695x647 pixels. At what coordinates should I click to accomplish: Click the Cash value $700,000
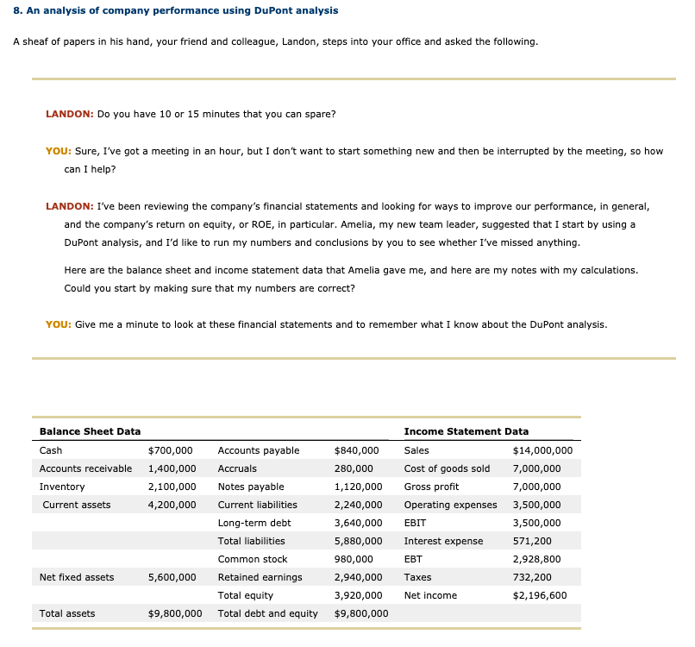(170, 450)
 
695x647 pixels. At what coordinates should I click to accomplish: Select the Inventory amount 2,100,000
(172, 487)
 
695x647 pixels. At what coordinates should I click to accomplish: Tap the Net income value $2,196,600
(539, 595)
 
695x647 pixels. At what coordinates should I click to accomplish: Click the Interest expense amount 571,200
(532, 541)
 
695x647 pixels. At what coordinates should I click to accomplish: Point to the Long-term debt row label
(254, 523)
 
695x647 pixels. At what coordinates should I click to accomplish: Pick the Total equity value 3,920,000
(358, 595)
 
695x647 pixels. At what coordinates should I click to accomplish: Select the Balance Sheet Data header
(90, 431)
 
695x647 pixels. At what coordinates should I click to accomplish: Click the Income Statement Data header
(466, 431)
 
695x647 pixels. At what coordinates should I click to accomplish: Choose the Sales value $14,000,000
(542, 450)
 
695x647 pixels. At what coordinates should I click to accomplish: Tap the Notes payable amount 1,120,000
(358, 487)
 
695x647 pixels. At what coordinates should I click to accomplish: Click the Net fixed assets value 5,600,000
(172, 577)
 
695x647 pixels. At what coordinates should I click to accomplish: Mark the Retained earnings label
(260, 577)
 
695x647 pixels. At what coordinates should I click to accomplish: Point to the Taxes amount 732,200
(532, 577)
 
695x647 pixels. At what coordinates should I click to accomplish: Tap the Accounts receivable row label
(85, 468)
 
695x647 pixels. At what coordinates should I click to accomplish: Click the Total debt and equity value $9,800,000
(360, 613)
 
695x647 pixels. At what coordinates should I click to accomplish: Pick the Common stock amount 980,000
(354, 559)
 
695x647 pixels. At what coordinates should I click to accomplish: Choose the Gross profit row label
(431, 487)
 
